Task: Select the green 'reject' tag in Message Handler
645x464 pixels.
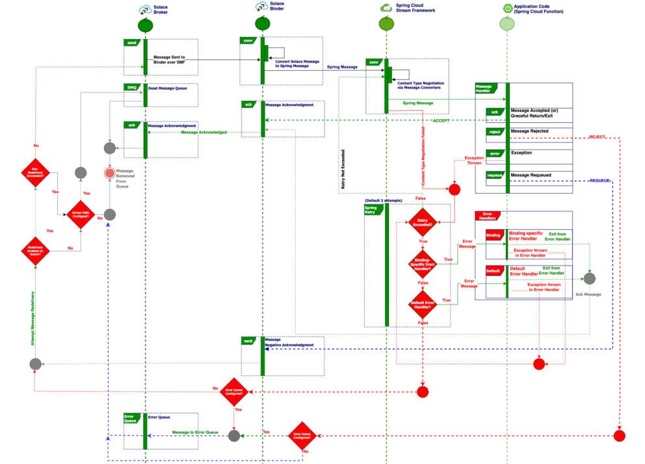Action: click(x=494, y=132)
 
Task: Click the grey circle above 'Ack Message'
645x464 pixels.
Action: click(x=589, y=279)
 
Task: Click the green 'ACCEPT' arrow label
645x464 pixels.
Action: click(x=441, y=120)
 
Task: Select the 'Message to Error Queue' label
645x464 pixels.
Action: click(x=195, y=432)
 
